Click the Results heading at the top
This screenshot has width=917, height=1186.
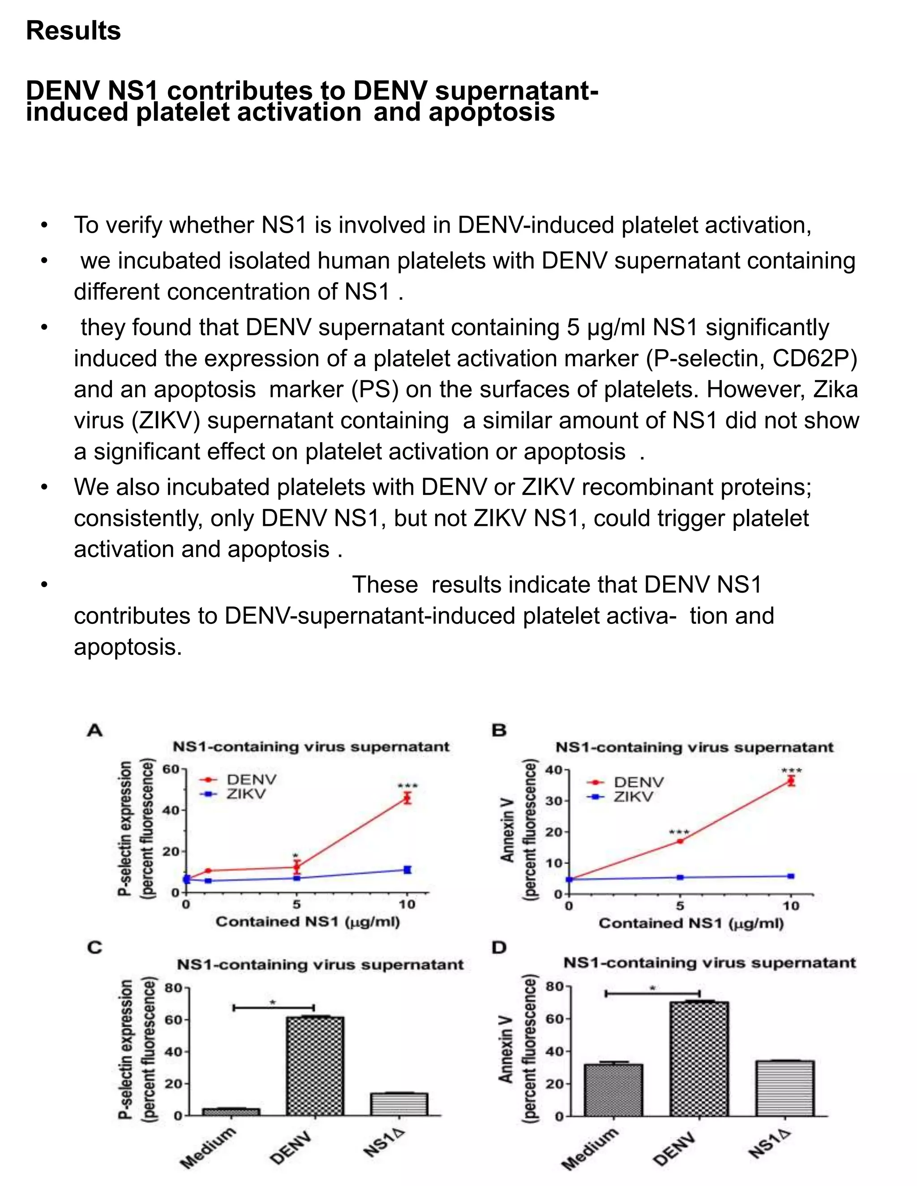point(73,30)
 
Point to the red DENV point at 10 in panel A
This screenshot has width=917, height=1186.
point(407,798)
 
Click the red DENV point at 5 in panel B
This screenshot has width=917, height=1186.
point(680,841)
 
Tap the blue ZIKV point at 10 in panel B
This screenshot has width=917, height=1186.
point(791,876)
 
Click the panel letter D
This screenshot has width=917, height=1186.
point(499,947)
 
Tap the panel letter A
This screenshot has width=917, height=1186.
point(94,731)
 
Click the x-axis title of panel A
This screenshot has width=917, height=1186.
point(308,921)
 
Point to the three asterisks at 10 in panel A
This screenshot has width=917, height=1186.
point(407,786)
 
